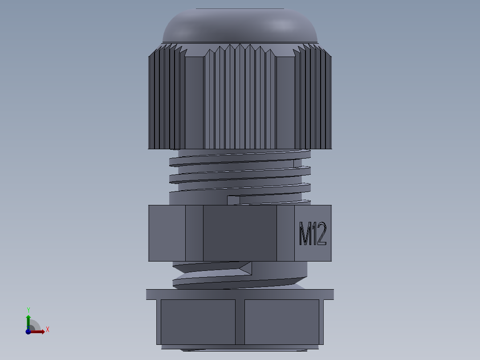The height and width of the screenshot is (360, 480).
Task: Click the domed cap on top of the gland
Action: (x=240, y=27)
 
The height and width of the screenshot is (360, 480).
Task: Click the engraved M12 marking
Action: (x=313, y=233)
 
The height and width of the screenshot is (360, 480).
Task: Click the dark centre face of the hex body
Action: (x=240, y=233)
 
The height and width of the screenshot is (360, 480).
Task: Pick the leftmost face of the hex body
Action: (x=167, y=233)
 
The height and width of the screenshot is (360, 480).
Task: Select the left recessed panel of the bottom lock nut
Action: (x=198, y=321)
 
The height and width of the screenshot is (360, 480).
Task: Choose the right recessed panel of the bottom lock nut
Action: (x=282, y=321)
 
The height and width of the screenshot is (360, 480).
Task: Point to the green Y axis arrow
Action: (x=28, y=320)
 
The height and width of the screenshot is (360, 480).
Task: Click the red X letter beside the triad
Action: (x=48, y=330)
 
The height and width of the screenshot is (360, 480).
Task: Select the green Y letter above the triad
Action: (x=28, y=310)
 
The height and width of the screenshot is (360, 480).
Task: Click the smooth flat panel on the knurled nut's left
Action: (x=194, y=102)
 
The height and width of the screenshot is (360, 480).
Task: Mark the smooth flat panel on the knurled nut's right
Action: (x=285, y=102)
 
